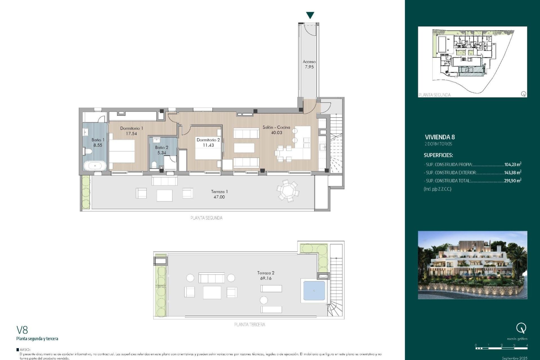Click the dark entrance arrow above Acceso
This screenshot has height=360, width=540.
(310, 15)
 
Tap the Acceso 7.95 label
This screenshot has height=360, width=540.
(309, 64)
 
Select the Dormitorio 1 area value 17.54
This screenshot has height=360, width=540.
(131, 134)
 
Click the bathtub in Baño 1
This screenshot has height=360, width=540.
(95, 166)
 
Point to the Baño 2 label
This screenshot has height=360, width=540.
(161, 147)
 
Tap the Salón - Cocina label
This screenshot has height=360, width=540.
(276, 127)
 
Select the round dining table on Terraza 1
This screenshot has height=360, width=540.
(288, 191)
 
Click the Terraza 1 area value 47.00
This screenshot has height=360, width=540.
(219, 197)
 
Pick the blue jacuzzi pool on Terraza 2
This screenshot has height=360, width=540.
(314, 291)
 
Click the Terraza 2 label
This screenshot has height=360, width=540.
(265, 273)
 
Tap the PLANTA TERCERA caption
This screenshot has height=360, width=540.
(249, 325)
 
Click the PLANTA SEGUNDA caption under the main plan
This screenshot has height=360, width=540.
(206, 218)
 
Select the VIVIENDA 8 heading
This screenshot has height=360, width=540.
(440, 137)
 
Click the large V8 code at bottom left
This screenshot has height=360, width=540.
(22, 330)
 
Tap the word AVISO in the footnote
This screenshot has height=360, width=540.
(25, 350)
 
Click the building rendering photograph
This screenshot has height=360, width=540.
(472, 265)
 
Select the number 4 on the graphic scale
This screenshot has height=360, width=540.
(527, 345)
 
